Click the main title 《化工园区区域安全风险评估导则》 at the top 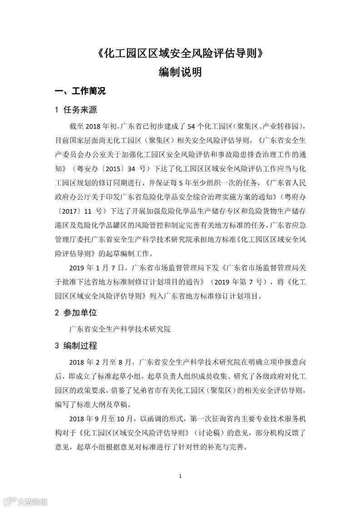pos(180,54)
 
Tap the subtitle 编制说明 pos(180,73)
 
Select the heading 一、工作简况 pos(80,91)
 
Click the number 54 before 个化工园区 pos(192,126)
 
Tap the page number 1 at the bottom pos(180,476)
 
